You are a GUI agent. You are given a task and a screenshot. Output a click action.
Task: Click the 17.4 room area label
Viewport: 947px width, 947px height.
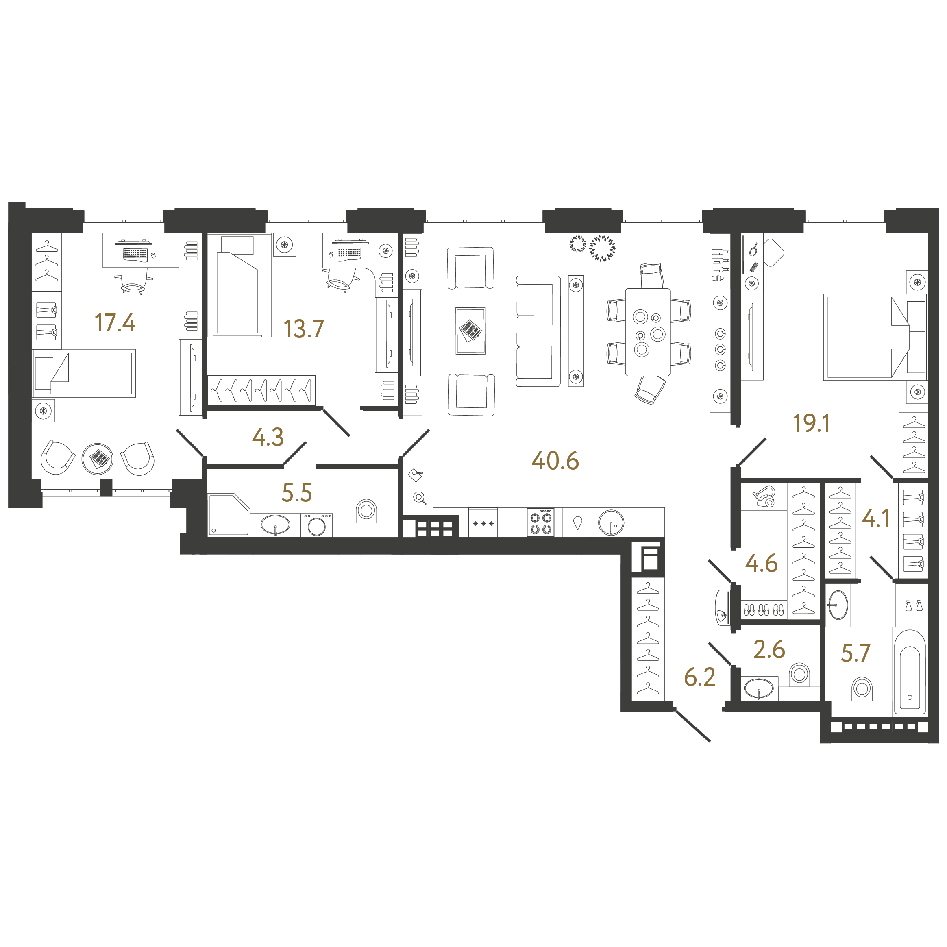[115, 323]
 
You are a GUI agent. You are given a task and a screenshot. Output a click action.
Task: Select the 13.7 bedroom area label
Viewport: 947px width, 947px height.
[303, 329]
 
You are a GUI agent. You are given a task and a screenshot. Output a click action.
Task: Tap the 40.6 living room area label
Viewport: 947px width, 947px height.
[555, 461]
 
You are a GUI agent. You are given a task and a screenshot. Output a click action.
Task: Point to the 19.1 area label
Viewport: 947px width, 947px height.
[811, 423]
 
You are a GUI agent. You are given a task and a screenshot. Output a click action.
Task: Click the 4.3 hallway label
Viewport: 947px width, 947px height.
[268, 437]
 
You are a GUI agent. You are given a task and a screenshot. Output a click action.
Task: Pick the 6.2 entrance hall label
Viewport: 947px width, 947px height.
[699, 677]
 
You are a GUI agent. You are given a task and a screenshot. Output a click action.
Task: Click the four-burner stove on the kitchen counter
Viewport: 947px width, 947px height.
[541, 522]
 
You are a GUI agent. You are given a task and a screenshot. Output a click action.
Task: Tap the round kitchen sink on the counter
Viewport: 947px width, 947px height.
[611, 522]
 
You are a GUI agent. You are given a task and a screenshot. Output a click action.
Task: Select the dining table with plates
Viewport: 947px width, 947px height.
[647, 332]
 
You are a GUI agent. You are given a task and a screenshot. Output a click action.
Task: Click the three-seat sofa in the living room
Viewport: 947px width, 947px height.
[537, 331]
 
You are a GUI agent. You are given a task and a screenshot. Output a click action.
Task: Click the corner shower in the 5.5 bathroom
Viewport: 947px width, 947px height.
[228, 515]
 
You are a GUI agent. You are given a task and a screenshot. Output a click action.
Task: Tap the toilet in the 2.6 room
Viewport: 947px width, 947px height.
[799, 675]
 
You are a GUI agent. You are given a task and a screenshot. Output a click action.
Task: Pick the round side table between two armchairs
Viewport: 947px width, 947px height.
[98, 459]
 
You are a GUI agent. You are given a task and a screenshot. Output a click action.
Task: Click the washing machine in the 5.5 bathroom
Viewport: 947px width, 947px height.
[317, 525]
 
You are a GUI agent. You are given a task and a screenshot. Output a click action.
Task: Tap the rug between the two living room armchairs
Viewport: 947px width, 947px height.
[470, 331]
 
